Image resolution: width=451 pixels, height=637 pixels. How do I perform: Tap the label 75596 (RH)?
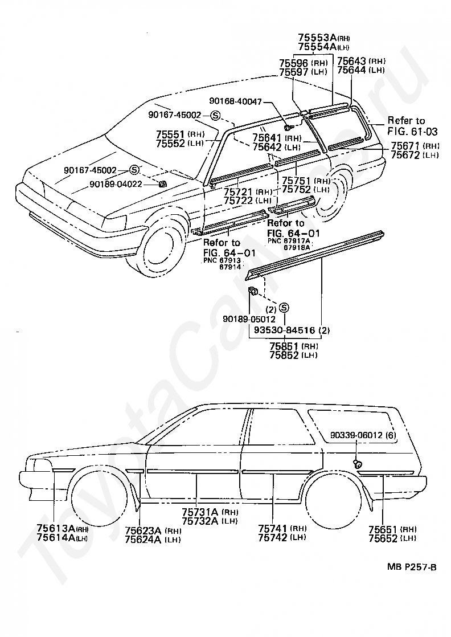[x=294, y=63]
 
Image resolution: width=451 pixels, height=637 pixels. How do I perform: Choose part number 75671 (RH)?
[x=407, y=146]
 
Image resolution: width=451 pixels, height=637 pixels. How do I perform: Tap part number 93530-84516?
[x=284, y=330]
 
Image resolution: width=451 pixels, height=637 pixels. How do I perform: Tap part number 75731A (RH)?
[x=198, y=512]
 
